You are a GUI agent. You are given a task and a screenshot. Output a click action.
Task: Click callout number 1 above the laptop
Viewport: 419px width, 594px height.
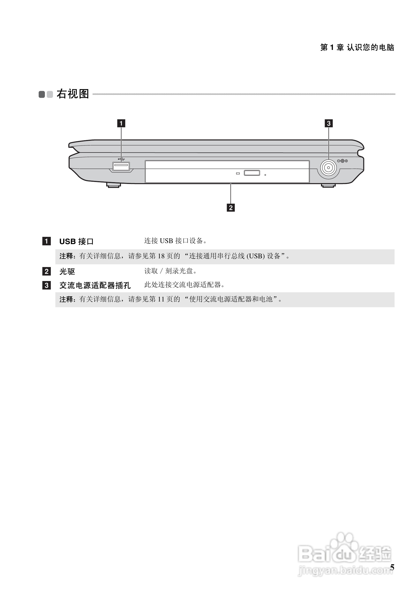(x=121, y=123)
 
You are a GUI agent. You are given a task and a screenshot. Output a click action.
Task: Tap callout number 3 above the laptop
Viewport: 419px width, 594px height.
(x=328, y=123)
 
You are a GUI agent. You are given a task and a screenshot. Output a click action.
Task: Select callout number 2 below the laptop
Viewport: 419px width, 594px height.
(x=230, y=207)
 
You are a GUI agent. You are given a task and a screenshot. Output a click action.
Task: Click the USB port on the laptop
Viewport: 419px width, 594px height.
(x=121, y=166)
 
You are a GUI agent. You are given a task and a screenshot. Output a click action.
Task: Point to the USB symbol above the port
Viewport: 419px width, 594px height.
(x=121, y=159)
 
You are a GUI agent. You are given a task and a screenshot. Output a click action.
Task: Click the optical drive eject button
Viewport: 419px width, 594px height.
(x=252, y=172)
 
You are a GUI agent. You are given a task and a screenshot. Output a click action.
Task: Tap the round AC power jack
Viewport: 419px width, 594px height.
(x=328, y=168)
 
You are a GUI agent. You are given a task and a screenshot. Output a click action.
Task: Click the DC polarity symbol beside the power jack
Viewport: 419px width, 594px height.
(x=342, y=161)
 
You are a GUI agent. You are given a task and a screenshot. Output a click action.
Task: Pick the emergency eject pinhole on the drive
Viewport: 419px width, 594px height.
(x=265, y=175)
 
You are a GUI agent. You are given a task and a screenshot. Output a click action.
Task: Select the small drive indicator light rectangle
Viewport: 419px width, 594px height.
(x=238, y=173)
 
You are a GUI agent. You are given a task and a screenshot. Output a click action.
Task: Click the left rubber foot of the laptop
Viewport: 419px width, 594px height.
(x=113, y=185)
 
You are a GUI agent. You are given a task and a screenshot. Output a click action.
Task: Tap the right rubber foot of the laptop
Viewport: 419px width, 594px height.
(x=328, y=185)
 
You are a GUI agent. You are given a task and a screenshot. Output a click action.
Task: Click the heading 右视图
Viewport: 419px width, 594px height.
(x=73, y=94)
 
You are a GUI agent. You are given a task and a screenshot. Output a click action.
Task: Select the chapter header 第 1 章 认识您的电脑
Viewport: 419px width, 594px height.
(x=357, y=47)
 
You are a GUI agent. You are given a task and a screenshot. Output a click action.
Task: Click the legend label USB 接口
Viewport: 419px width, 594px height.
(x=76, y=241)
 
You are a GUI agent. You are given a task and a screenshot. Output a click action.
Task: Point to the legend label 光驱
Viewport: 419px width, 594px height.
(x=67, y=271)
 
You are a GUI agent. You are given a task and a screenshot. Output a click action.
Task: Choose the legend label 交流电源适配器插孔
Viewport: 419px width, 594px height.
(x=95, y=285)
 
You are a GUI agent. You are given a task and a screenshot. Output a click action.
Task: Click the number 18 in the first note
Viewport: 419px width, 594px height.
(x=161, y=256)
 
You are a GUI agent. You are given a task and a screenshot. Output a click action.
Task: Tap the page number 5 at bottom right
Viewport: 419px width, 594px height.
(x=392, y=567)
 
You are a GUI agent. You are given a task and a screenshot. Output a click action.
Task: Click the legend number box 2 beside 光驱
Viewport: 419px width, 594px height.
(x=47, y=271)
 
